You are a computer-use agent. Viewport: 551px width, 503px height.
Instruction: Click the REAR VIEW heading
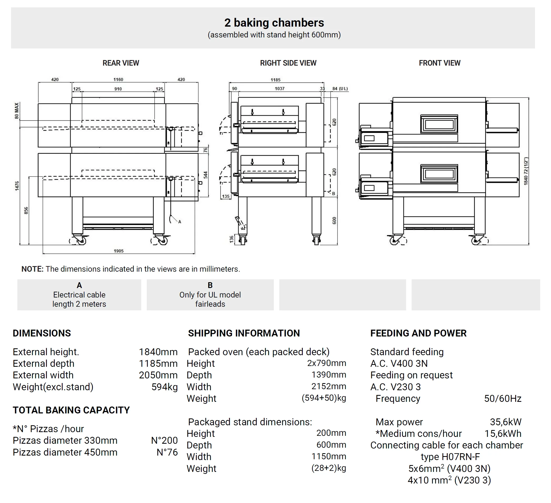click(121, 63)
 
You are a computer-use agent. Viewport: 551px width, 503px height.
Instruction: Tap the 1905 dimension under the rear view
click(119, 251)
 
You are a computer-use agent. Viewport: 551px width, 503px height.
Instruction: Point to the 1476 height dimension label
click(17, 186)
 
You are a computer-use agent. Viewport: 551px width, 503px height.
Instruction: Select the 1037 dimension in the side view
click(280, 89)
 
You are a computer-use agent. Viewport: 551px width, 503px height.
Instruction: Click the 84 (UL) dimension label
click(340, 89)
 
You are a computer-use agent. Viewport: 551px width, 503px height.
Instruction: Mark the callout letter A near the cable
click(180, 222)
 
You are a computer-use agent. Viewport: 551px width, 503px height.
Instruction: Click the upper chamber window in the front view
click(439, 124)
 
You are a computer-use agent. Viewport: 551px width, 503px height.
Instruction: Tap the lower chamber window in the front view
click(439, 174)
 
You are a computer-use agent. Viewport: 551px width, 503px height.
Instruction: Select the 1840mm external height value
click(158, 352)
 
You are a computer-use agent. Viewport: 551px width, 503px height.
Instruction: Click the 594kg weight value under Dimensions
click(165, 387)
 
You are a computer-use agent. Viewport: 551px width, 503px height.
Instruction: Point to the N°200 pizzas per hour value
click(164, 440)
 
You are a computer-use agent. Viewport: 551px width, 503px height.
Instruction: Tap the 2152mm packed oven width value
click(329, 386)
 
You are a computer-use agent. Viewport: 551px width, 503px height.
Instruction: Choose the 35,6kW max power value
click(505, 422)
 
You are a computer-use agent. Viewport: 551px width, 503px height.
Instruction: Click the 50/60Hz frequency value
click(503, 398)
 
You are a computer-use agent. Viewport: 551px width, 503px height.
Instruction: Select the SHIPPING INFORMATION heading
click(244, 333)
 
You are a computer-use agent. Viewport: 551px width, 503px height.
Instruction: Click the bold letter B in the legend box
click(210, 285)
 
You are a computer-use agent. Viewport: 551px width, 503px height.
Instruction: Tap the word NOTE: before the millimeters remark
click(33, 269)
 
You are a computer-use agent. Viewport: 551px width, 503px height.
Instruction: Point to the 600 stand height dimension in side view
click(334, 221)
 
